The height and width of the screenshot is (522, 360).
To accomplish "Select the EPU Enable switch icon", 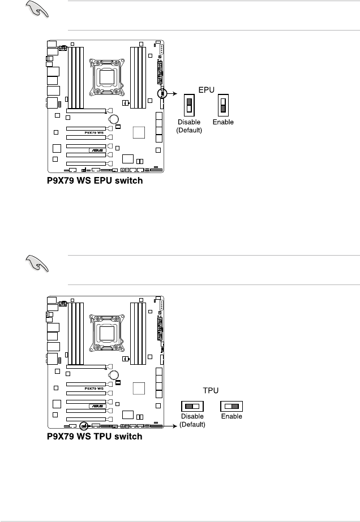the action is click(x=223, y=107).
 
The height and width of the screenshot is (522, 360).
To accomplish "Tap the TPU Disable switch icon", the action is click(x=192, y=406).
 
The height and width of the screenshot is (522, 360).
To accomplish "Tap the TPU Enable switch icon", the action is click(x=232, y=406).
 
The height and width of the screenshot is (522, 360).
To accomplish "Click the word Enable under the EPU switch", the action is click(x=223, y=123).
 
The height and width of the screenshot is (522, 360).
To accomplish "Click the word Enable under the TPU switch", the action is click(x=232, y=417).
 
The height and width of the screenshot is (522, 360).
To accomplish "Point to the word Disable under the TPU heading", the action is click(x=193, y=417).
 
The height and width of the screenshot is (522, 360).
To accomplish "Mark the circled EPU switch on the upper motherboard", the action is click(x=162, y=93).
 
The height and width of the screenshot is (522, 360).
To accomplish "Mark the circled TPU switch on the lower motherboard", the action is click(x=84, y=425).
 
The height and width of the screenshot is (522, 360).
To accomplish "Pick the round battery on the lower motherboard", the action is click(x=114, y=374).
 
